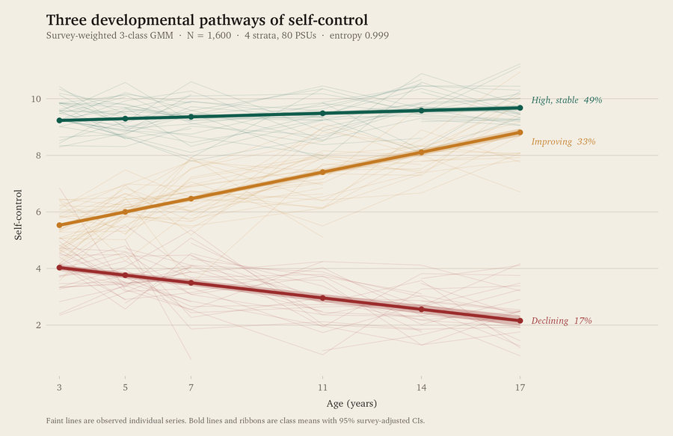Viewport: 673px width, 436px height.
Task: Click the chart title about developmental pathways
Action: click(x=207, y=20)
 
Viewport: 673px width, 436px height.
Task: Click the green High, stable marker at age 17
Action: click(x=520, y=108)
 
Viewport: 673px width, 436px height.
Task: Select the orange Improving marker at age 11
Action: click(x=322, y=172)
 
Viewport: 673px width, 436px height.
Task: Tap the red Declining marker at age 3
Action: click(x=59, y=268)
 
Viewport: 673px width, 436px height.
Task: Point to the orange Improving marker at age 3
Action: click(x=59, y=225)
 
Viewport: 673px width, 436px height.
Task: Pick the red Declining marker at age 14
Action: click(x=421, y=310)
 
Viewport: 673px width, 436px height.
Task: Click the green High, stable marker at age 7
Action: click(x=191, y=117)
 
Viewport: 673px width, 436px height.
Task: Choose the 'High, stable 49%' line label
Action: click(x=567, y=100)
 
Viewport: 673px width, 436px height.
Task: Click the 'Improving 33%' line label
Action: click(x=563, y=141)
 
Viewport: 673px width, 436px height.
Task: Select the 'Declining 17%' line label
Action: click(x=562, y=321)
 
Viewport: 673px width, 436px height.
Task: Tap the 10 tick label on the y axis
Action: click(x=36, y=99)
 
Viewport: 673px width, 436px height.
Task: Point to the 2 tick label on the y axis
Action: click(x=38, y=325)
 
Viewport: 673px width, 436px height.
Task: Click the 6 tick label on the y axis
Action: click(x=38, y=212)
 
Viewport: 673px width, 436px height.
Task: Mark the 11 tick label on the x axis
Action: click(x=322, y=388)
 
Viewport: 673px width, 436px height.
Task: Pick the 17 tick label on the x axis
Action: click(x=520, y=388)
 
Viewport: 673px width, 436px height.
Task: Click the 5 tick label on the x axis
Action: click(x=126, y=388)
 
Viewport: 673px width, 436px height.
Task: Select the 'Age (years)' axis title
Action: click(x=351, y=403)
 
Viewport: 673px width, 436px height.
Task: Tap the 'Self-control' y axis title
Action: click(x=18, y=215)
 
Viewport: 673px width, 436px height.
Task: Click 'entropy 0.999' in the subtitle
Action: click(x=359, y=36)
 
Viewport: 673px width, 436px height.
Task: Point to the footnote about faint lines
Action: click(x=236, y=420)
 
